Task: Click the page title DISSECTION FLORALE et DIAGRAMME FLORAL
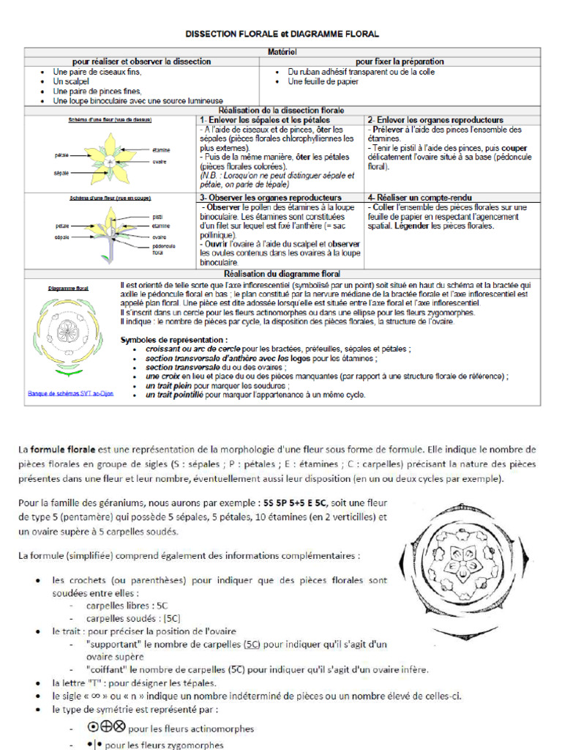pyautogui.click(x=282, y=34)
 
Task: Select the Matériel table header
pyautogui.click(x=282, y=51)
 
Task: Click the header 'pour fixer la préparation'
pyautogui.click(x=400, y=62)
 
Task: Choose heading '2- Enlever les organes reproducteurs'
pyautogui.click(x=435, y=119)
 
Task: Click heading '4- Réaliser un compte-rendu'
pyautogui.click(x=419, y=198)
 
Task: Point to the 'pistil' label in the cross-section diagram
pyautogui.click(x=157, y=217)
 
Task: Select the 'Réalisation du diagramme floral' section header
pyautogui.click(x=282, y=273)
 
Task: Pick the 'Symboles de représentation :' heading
pyautogui.click(x=173, y=340)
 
